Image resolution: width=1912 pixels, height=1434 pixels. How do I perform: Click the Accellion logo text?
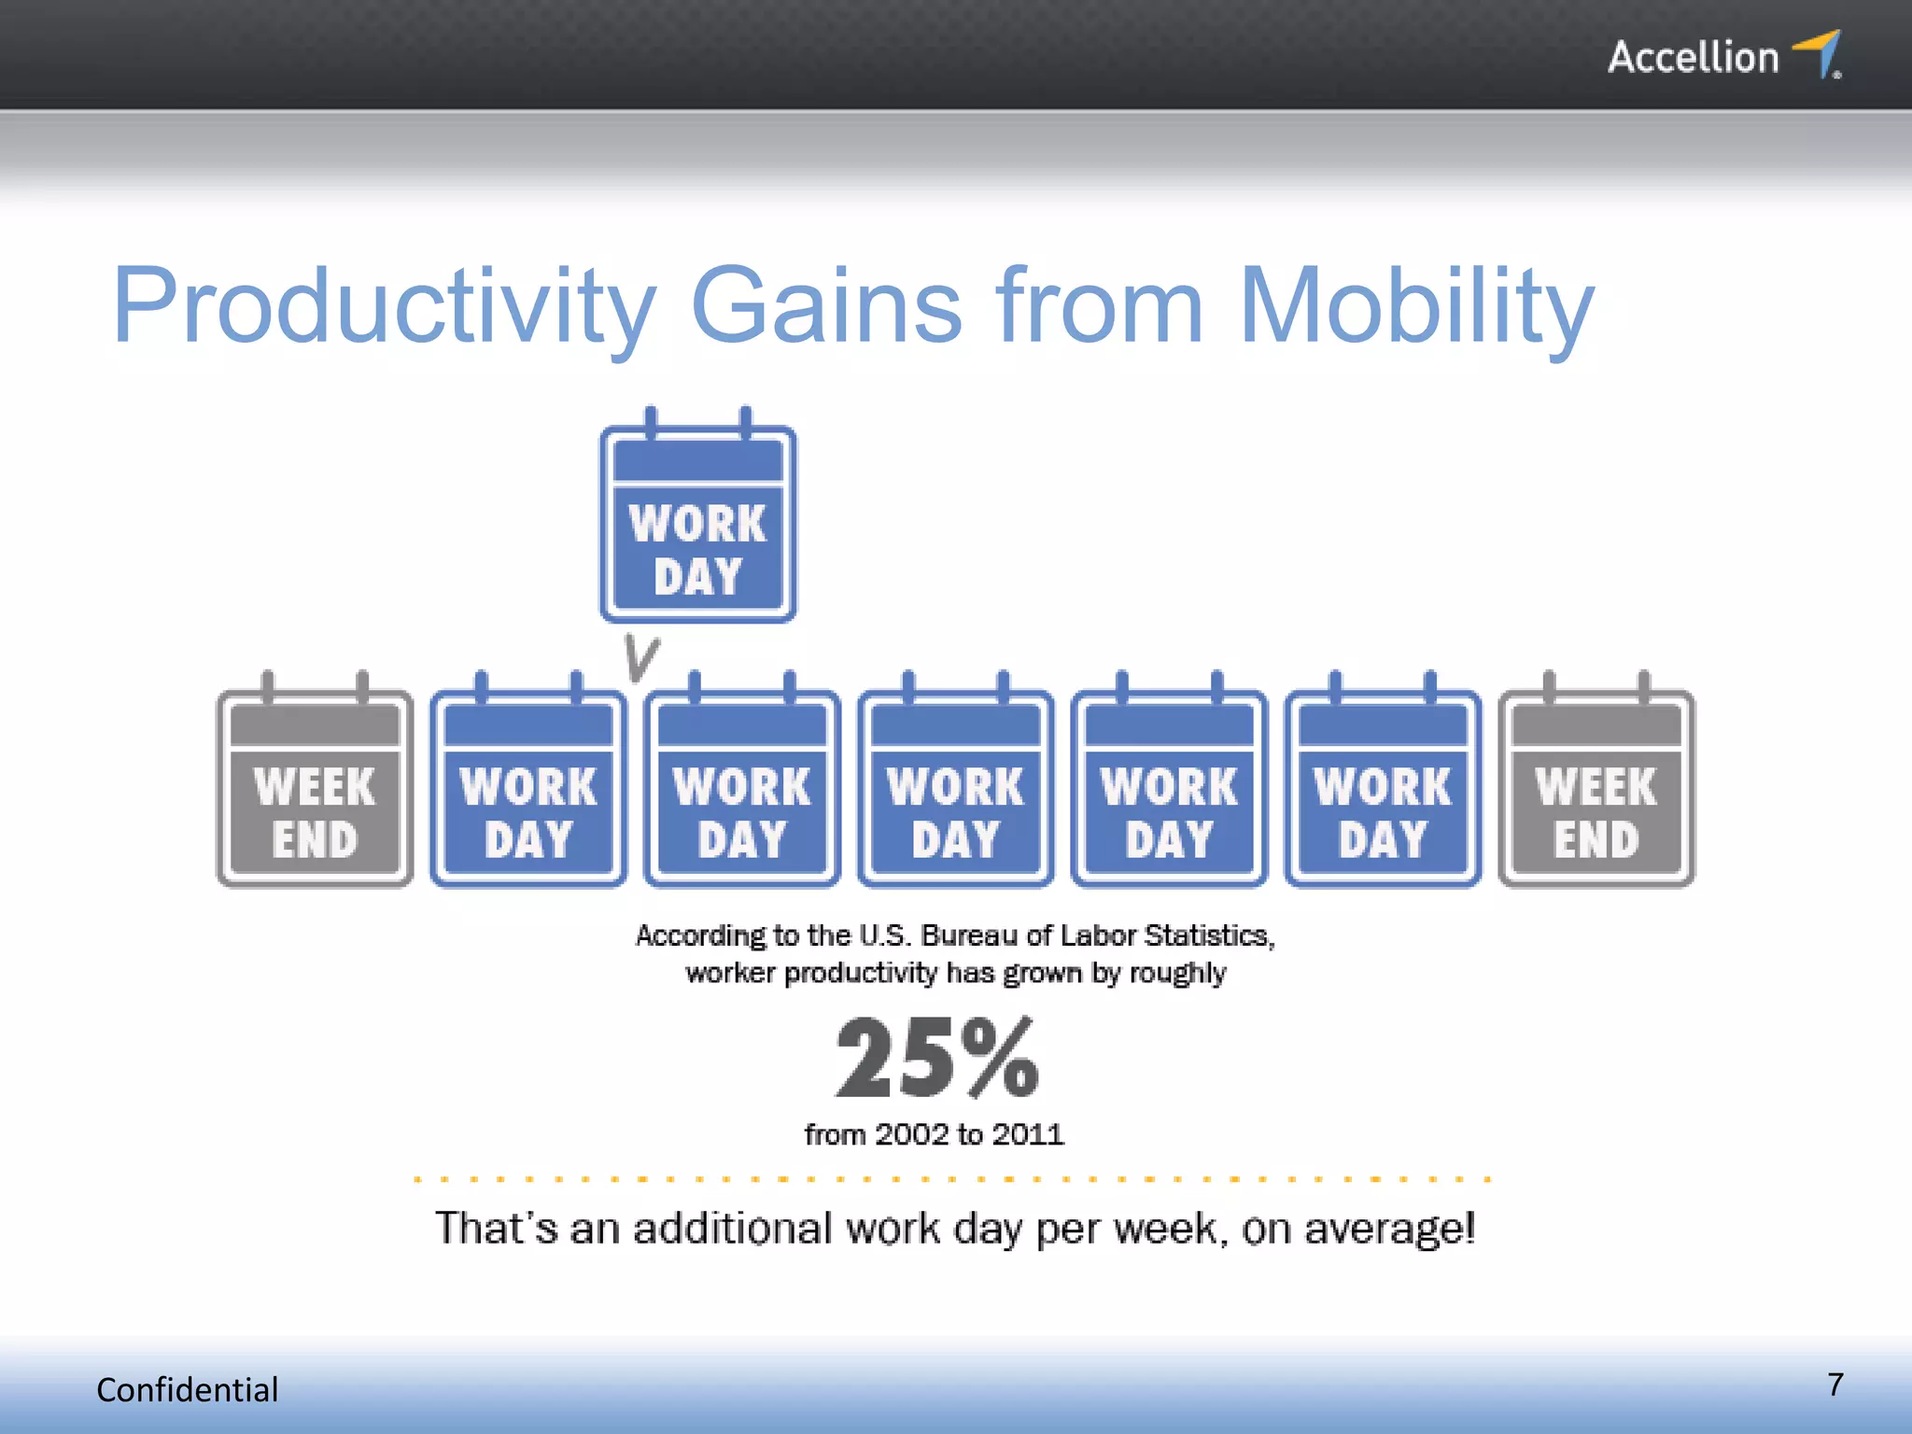(1692, 58)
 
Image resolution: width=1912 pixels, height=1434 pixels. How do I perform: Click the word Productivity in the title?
(384, 306)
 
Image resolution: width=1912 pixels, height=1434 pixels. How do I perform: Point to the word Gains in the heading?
(825, 306)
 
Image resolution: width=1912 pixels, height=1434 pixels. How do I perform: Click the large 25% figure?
(936, 1060)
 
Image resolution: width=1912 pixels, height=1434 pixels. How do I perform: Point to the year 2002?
(912, 1134)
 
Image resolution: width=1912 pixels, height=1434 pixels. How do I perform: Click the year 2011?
(1027, 1134)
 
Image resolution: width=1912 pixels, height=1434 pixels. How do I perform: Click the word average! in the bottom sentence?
(1389, 1229)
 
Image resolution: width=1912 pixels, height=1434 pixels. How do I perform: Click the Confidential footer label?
(187, 1390)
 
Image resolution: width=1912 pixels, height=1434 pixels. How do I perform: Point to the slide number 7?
(1835, 1385)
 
